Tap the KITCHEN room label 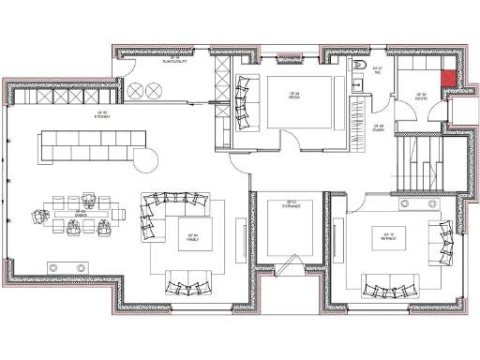(101, 115)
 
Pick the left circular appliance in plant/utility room (134, 91)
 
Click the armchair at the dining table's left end (40, 214)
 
